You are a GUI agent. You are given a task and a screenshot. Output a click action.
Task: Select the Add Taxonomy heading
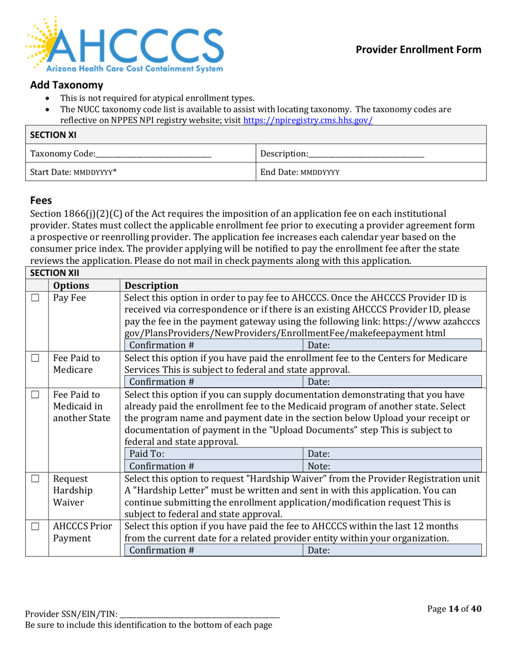tap(66, 85)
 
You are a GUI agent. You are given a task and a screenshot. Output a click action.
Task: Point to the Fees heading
tap(41, 199)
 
